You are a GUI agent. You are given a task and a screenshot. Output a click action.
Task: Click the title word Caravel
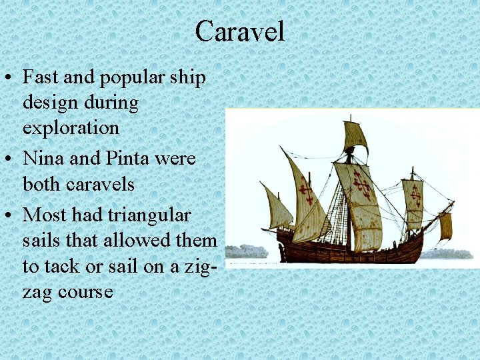click(x=240, y=31)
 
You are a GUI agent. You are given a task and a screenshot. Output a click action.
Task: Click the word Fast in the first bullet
click(x=41, y=77)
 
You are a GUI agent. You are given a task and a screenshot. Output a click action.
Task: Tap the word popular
click(x=131, y=77)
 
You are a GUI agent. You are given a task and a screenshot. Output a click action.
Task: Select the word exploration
click(x=71, y=127)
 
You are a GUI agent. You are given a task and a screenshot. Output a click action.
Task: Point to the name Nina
click(x=43, y=159)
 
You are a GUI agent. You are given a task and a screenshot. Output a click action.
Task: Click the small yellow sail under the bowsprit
click(x=445, y=226)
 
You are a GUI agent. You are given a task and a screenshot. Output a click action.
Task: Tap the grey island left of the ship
click(x=247, y=251)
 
